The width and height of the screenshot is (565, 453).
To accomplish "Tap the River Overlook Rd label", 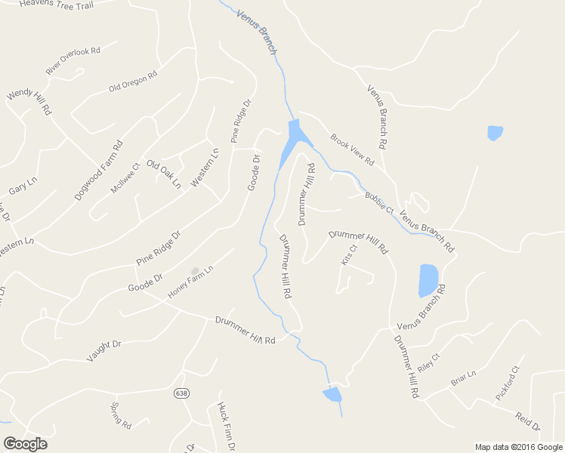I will pos(73,60).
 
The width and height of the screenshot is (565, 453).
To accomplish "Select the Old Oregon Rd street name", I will pos(132,82).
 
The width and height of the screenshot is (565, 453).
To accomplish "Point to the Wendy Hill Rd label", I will pos(29,103).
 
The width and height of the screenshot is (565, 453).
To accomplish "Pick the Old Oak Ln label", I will pos(164,174).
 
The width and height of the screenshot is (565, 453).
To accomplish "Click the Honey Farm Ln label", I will pos(191,282).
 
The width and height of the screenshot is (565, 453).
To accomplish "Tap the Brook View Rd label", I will pos(352,150).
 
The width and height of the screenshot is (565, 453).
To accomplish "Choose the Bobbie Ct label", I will pos(379,202).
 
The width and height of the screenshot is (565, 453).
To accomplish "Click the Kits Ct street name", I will pos(348,254).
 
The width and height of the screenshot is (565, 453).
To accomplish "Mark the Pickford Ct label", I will pos(508,384).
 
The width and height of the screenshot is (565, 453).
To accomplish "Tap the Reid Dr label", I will pos(528,421).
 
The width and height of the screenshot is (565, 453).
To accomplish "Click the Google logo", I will pos(25,444).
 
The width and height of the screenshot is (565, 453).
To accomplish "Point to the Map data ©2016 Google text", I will pos(519,447).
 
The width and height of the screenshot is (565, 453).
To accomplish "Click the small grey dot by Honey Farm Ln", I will pos(195,270).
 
